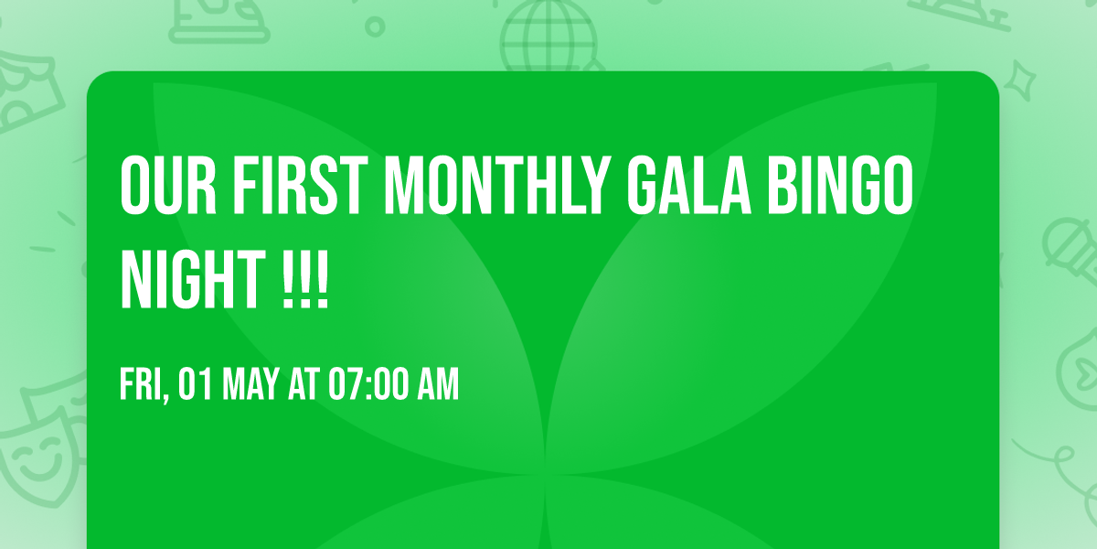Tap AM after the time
point(437,385)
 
